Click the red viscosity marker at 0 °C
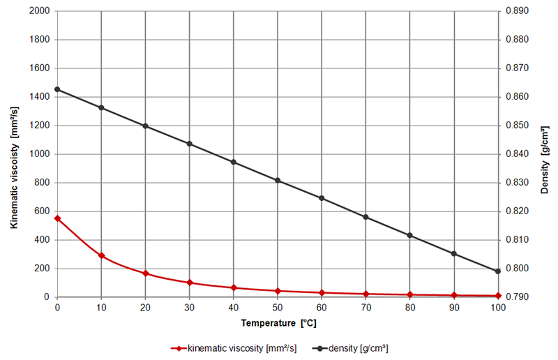coord(57,218)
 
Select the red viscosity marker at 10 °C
coord(101,255)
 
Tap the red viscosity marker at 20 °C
coord(145,273)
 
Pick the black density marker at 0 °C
coord(57,89)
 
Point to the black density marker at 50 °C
coord(278,180)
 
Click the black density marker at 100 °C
coord(498,271)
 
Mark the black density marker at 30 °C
coord(189,144)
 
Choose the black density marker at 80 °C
coord(410,235)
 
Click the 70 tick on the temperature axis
coord(365,308)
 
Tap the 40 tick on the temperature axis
coord(233,308)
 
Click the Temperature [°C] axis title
coord(278,324)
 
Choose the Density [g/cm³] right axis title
coord(546,154)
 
